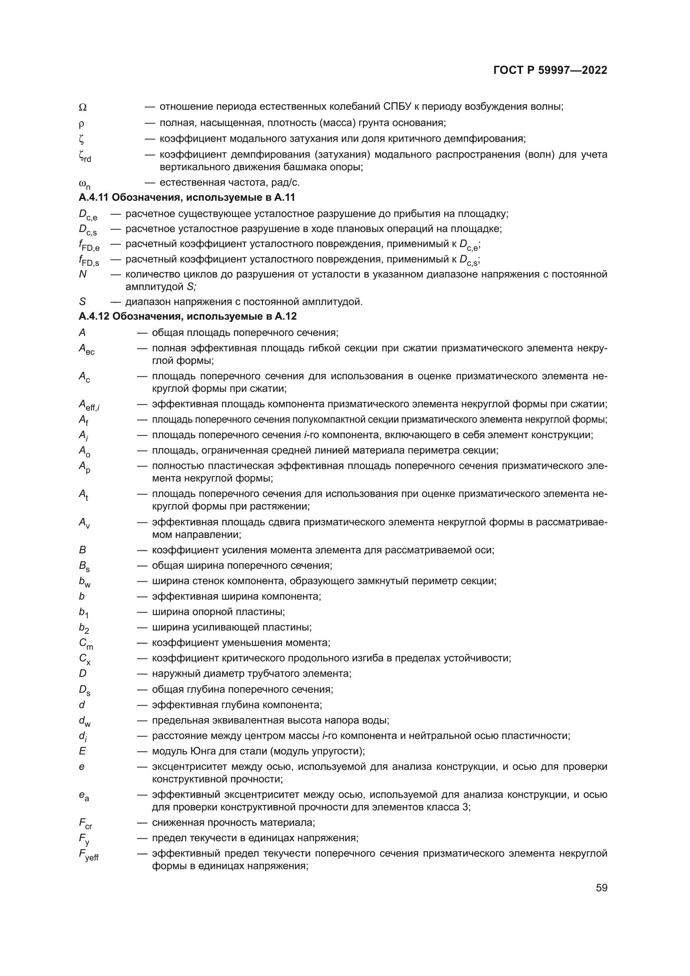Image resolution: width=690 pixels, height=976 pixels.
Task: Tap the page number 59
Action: coord(601,888)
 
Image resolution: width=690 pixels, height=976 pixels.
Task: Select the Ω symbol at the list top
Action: coord(83,108)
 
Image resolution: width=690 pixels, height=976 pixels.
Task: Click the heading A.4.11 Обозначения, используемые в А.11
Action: coord(187,198)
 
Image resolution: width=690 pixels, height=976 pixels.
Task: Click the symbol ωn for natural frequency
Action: coord(85,184)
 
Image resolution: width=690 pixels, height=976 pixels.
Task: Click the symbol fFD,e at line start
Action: coord(89,246)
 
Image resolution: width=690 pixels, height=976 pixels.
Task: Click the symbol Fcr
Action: coord(86,824)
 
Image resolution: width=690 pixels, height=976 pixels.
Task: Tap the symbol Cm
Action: coord(86,644)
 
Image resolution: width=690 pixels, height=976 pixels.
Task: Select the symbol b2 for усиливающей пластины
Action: coord(84,628)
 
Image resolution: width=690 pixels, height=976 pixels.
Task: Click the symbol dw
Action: coord(85,721)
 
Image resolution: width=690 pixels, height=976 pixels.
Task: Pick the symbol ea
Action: coord(84,796)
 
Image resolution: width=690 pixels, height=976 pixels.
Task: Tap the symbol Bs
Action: coord(84,567)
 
